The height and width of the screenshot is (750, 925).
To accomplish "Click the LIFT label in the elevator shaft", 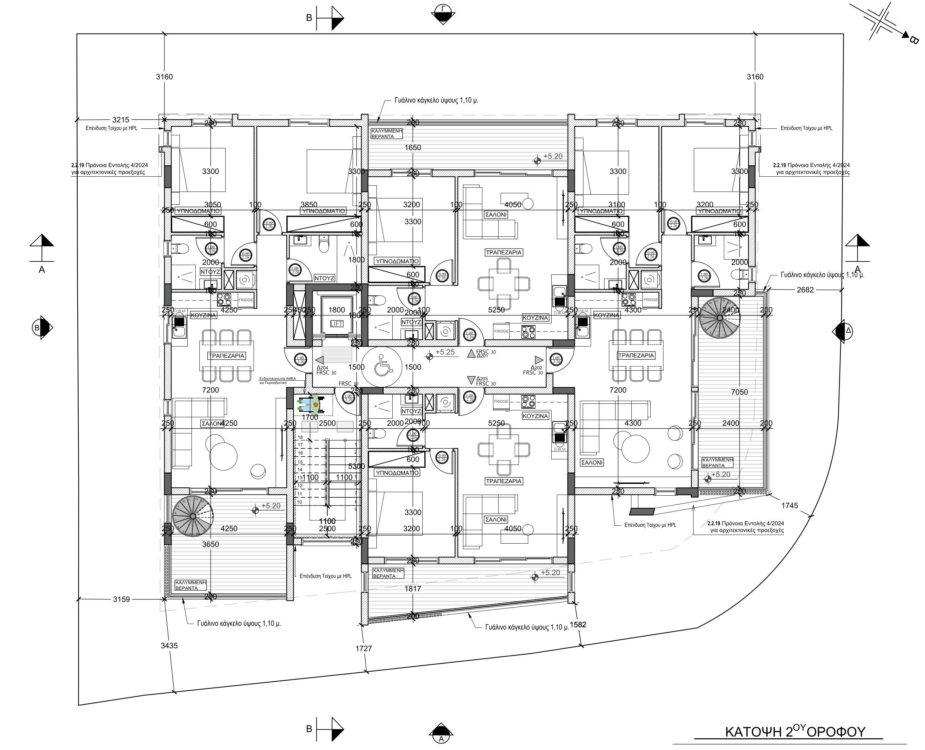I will (336, 324).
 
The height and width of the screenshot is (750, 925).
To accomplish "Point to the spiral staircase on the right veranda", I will (719, 318).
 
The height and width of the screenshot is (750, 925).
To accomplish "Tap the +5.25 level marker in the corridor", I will (444, 352).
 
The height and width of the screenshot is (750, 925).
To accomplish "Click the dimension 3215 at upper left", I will (120, 120).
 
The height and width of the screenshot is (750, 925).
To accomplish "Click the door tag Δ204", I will (322, 368).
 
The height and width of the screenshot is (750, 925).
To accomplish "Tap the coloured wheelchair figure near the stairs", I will (309, 405).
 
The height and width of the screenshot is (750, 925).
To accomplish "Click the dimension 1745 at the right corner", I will (789, 506).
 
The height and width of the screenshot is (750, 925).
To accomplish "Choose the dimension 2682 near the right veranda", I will (805, 290).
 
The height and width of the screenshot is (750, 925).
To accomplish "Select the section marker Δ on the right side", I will (843, 331).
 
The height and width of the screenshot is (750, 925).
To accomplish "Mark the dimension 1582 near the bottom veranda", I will (578, 625).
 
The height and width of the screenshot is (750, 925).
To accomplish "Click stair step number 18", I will (300, 438).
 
